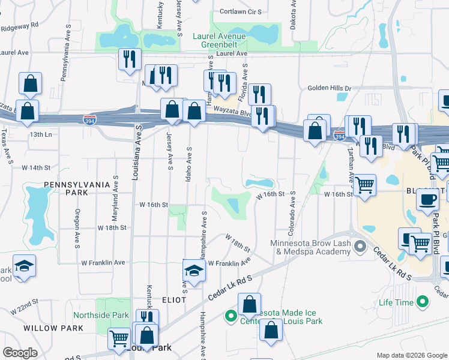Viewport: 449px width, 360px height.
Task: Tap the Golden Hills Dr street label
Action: pyautogui.click(x=329, y=88)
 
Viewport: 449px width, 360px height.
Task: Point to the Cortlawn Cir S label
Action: pyautogui.click(x=241, y=11)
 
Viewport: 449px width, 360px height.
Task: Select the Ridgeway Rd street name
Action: pyautogui.click(x=19, y=27)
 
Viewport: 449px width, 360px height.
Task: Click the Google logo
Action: pyautogui.click(x=20, y=353)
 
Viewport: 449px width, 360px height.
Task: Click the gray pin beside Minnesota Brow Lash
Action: pyautogui.click(x=360, y=247)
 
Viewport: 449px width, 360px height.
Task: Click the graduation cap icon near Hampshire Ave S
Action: pyautogui.click(x=194, y=271)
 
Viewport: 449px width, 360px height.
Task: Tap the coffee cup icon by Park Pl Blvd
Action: pyautogui.click(x=427, y=199)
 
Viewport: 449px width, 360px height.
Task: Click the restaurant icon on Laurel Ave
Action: pyautogui.click(x=130, y=59)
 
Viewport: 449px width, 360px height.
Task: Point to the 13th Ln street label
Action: pyautogui.click(x=37, y=134)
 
